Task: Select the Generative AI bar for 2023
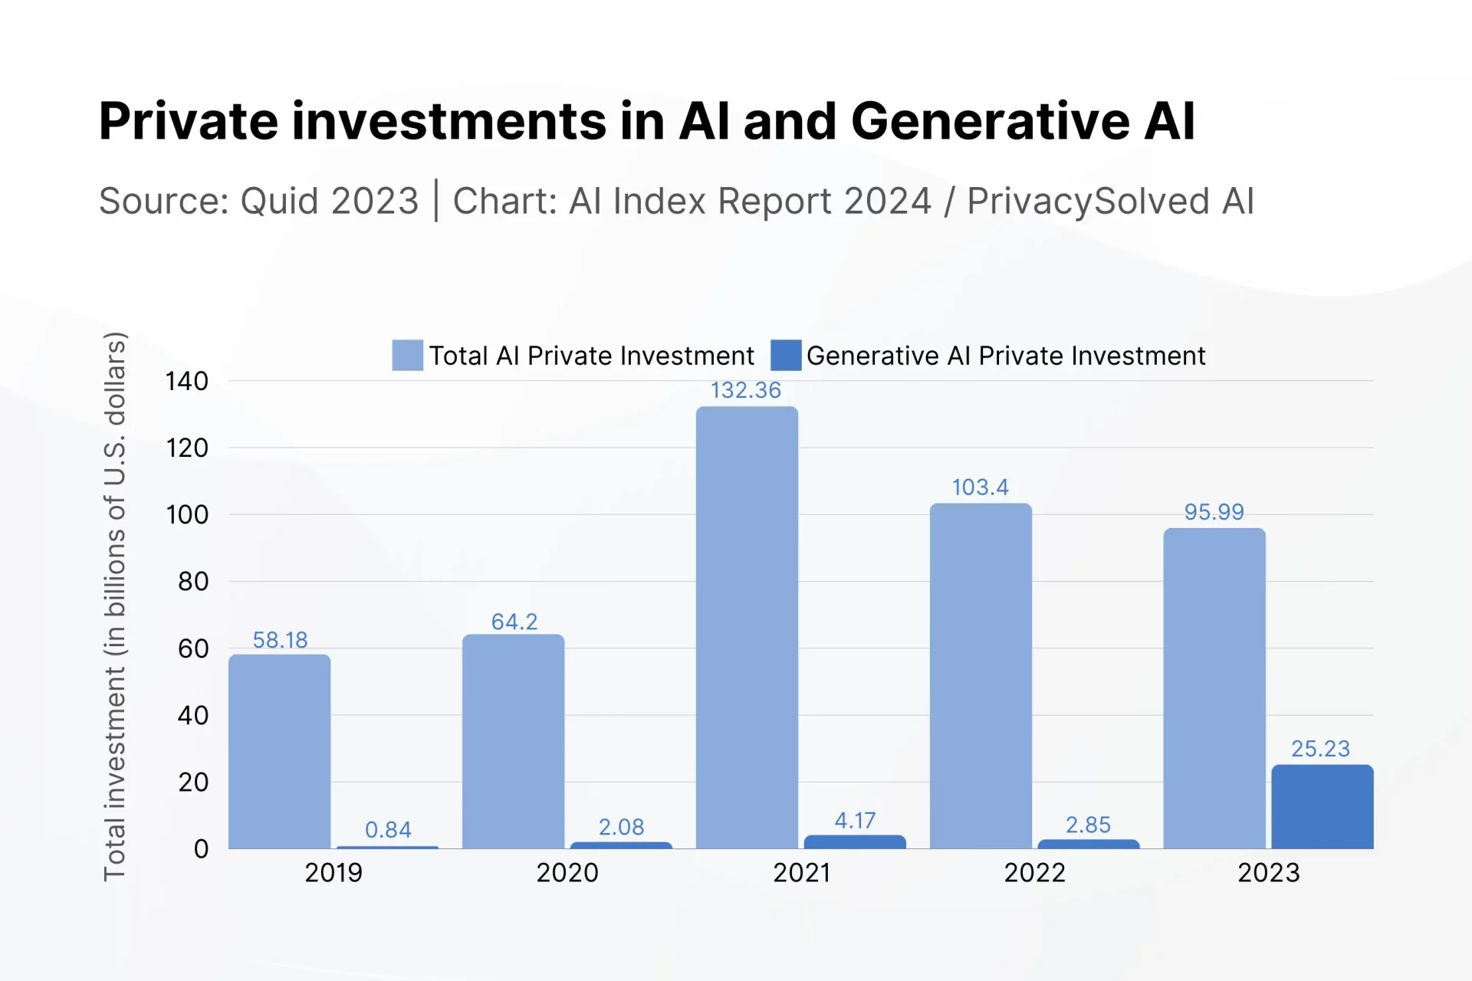pos(1322,806)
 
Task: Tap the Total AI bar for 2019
pos(280,751)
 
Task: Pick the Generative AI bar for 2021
pos(855,842)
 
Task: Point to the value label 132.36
pos(745,390)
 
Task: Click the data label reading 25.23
pos(1320,749)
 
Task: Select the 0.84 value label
pos(388,830)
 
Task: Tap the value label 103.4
pos(980,487)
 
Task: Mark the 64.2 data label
pos(514,622)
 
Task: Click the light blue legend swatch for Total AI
pos(407,356)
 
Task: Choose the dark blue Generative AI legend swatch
pos(786,356)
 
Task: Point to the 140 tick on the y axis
pos(187,381)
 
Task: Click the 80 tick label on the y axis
pos(193,582)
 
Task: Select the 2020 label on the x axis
pos(567,873)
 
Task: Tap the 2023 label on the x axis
pos(1269,873)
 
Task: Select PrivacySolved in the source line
pos(1089,201)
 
